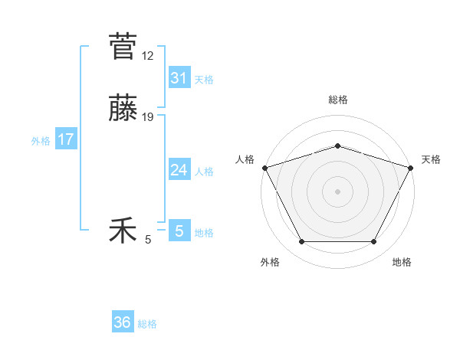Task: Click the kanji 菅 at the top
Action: pos(123,47)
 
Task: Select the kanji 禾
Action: pos(123,231)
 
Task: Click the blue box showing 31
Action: pos(179,78)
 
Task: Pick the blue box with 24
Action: pos(179,170)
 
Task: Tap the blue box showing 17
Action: pos(66,139)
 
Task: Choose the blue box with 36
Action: pos(123,322)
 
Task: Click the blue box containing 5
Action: pos(179,231)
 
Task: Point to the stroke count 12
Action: pos(148,55)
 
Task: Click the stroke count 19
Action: pos(148,116)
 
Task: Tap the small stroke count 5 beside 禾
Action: pos(148,240)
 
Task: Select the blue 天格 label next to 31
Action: pos(204,80)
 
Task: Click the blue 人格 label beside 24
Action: pos(204,172)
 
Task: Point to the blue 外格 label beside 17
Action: pos(41,141)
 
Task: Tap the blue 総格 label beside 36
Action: pos(147,324)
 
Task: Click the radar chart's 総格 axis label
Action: pos(337,100)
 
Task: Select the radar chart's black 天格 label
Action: pos(431,159)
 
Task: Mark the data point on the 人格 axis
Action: pos(264,168)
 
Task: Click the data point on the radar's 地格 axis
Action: pos(374,242)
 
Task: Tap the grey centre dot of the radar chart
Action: pos(337,191)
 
